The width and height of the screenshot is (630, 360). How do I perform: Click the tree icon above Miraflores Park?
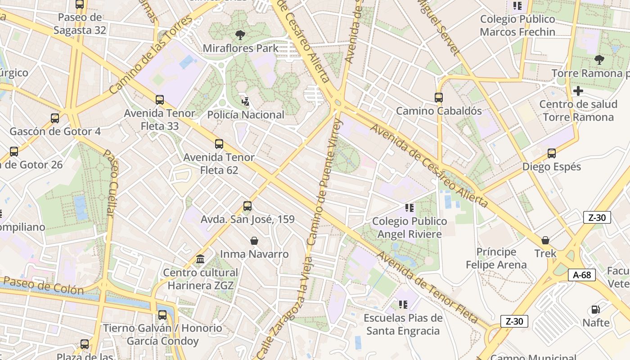click(241, 35)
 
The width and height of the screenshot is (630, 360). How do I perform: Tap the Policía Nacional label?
click(246, 115)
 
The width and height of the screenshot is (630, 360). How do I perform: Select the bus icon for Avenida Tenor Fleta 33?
click(160, 100)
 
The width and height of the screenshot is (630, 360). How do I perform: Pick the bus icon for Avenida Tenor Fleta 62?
click(219, 144)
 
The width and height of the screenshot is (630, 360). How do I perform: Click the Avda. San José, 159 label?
click(247, 220)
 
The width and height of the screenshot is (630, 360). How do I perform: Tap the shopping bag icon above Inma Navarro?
click(254, 241)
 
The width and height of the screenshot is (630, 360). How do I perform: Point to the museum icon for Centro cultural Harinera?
click(200, 259)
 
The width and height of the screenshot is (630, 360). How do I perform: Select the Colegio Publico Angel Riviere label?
click(409, 228)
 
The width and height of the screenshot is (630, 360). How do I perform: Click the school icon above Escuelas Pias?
click(403, 305)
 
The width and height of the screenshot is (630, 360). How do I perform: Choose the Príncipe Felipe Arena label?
click(496, 258)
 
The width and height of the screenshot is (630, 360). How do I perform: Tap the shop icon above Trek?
click(545, 240)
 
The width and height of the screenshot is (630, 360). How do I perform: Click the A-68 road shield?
click(581, 275)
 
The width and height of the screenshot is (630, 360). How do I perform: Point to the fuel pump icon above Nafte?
click(596, 310)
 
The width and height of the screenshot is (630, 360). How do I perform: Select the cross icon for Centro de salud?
click(578, 91)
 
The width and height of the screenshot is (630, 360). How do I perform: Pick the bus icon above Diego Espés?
click(552, 153)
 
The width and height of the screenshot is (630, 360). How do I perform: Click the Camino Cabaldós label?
click(439, 111)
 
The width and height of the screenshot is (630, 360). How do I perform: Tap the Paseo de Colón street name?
click(43, 286)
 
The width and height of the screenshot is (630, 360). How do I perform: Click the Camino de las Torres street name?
click(150, 55)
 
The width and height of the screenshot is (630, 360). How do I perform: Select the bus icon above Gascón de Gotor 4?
click(55, 118)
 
